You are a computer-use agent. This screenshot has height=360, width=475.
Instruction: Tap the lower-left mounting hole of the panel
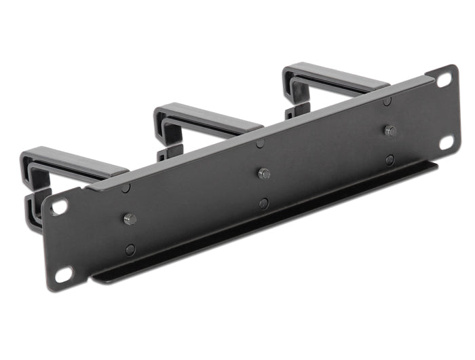tap(63, 274)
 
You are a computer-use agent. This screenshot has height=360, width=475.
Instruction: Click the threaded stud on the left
tap(130, 219)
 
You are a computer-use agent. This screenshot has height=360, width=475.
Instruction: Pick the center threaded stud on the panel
tap(264, 173)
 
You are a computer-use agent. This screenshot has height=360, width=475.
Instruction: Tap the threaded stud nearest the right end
tap(389, 130)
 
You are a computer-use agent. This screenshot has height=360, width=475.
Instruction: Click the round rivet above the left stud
tap(126, 187)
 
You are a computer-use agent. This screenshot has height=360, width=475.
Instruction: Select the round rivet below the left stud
tap(130, 249)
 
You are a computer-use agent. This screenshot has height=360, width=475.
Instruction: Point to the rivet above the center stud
tap(260, 143)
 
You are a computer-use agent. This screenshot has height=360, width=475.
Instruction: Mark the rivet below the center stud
tap(263, 203)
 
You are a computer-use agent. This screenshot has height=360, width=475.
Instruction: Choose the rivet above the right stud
tap(387, 101)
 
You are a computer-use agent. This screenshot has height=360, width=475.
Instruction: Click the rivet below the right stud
tap(389, 160)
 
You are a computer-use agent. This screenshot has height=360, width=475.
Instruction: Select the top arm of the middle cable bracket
tap(207, 115)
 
